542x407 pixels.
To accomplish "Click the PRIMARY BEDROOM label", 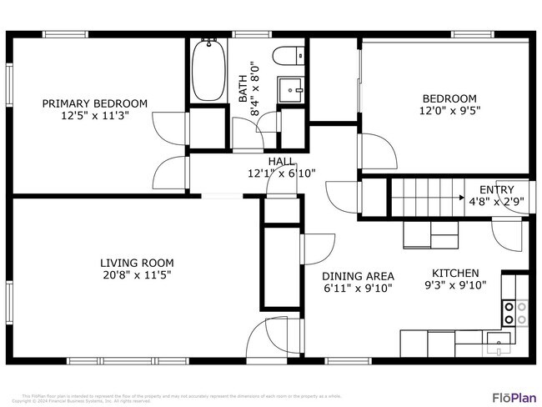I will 95,103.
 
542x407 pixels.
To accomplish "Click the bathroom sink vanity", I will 291,86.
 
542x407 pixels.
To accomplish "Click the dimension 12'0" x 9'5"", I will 449,109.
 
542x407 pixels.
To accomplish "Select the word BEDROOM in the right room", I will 449,98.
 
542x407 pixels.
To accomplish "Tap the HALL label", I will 281,162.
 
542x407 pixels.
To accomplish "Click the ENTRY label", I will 496,189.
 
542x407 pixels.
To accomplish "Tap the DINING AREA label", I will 358,276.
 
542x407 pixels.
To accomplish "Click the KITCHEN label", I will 454,273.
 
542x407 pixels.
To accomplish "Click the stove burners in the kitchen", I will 514,313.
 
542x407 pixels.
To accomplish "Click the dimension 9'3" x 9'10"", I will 454,285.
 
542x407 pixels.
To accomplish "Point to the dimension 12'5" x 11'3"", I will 95,116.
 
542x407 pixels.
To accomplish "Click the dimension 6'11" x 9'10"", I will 358,289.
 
